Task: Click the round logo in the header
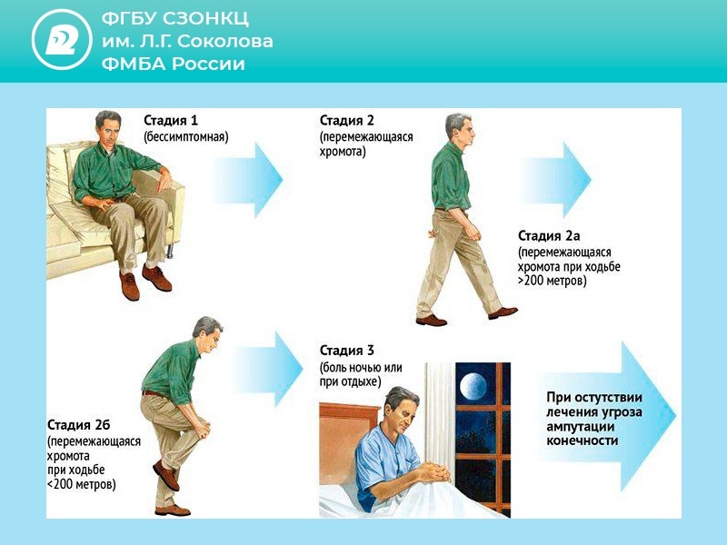point(62,39)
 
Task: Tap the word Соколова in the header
point(224,41)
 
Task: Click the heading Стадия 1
point(171,121)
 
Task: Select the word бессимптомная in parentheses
point(186,137)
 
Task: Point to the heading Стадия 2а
point(549,236)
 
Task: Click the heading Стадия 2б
point(79,425)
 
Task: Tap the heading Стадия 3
point(347,351)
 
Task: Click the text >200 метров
point(552,281)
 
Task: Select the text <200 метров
point(81,485)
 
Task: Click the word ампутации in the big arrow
point(580,427)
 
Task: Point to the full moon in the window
point(473,387)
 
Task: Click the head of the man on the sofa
point(108,127)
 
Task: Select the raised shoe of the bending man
point(165,475)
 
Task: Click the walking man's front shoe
point(503,312)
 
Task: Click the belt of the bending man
point(154,394)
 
